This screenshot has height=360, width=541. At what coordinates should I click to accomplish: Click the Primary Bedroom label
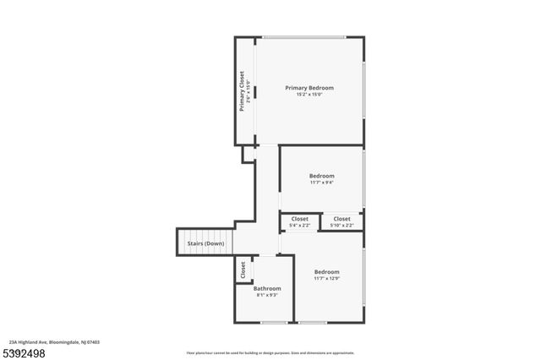click(309, 88)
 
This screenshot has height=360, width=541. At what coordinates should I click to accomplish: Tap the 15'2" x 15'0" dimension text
click(309, 95)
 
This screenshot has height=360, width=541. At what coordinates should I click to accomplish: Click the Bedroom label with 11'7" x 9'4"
click(321, 176)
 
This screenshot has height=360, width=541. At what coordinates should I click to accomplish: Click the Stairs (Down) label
click(205, 243)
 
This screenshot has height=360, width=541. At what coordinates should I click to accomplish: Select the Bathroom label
click(267, 288)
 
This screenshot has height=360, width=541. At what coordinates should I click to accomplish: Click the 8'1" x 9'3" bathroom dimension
click(267, 295)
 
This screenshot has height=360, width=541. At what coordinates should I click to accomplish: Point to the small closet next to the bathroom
click(243, 270)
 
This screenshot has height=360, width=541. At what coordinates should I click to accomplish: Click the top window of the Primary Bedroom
click(303, 36)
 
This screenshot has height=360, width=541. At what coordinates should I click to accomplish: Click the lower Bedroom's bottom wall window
click(313, 323)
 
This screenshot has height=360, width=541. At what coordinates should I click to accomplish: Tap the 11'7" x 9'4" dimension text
click(321, 183)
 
